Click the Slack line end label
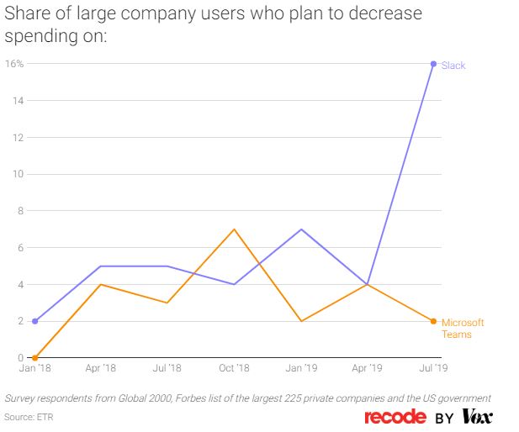453,66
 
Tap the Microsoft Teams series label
463,329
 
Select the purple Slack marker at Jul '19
434,64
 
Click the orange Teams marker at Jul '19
434,321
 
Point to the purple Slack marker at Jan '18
34,321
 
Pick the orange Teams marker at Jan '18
34,358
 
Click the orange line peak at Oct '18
234,229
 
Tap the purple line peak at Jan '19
300,229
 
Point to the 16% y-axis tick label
14,64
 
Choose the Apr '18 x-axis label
101,368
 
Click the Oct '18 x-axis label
234,368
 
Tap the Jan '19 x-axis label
300,368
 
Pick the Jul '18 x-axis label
167,368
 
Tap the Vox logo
477,417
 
